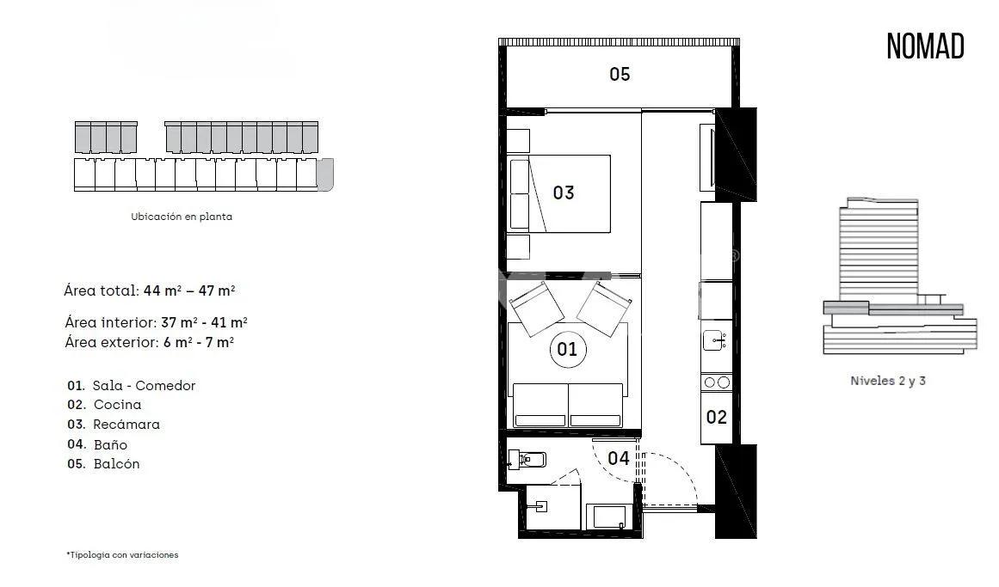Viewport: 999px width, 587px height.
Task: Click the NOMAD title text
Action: (x=925, y=46)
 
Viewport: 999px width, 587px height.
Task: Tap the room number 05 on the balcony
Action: (x=620, y=74)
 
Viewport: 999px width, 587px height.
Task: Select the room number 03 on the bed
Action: (x=564, y=193)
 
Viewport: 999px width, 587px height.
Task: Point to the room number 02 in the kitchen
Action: (x=716, y=418)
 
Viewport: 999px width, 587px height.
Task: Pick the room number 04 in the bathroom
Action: (x=619, y=458)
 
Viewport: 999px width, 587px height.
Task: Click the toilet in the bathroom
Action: (x=526, y=459)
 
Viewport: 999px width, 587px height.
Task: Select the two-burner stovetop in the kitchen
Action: (x=716, y=382)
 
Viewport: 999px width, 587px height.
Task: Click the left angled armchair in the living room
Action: (x=537, y=307)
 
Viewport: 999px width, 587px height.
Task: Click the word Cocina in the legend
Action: (x=117, y=405)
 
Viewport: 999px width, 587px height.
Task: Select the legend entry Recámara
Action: (x=126, y=425)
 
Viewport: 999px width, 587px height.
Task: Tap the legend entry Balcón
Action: (x=116, y=464)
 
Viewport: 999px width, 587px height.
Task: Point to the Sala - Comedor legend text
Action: (x=143, y=386)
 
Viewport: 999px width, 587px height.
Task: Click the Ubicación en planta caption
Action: (x=182, y=217)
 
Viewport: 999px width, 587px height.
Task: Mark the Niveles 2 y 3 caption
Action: (x=887, y=381)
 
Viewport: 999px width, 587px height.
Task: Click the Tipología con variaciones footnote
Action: (x=123, y=555)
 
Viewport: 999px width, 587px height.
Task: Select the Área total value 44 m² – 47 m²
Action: (x=189, y=290)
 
